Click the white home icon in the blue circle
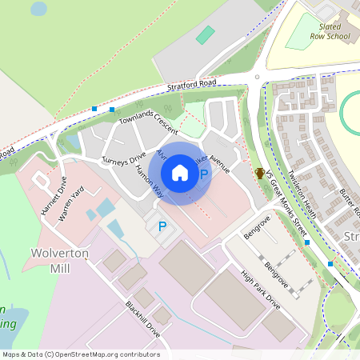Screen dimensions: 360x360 click(x=180, y=172)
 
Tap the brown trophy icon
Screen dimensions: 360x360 click(x=260, y=172)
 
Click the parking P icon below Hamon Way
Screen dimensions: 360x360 click(x=162, y=227)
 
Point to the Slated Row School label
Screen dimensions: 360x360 click(x=329, y=31)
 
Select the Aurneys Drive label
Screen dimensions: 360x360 click(x=123, y=156)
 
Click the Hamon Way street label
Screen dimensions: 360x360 click(x=150, y=182)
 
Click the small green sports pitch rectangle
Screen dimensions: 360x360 click(x=206, y=35)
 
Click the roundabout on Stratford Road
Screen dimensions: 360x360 click(x=257, y=78)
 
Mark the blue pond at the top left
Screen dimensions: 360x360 click(x=38, y=9)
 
